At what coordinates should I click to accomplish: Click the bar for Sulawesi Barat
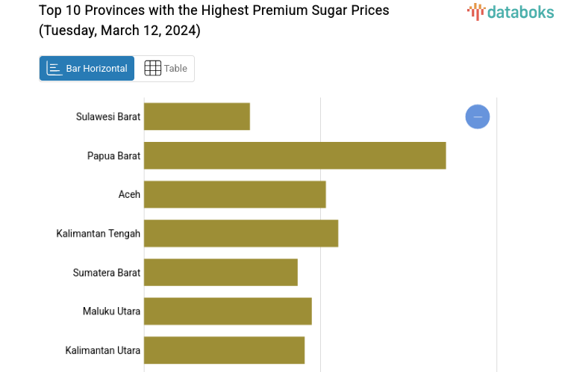pyautogui.click(x=196, y=117)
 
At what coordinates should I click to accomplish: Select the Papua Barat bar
pyautogui.click(x=295, y=155)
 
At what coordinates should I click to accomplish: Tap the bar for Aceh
pyautogui.click(x=234, y=194)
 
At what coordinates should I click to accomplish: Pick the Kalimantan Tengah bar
pyautogui.click(x=241, y=233)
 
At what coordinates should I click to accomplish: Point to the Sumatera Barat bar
pyautogui.click(x=221, y=272)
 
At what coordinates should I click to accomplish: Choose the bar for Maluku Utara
pyautogui.click(x=228, y=311)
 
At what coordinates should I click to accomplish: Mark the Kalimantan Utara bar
pyautogui.click(x=224, y=350)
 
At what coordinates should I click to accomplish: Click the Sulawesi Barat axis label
pyautogui.click(x=108, y=117)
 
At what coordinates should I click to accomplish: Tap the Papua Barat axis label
pyautogui.click(x=113, y=155)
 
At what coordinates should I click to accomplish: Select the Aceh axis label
pyautogui.click(x=129, y=194)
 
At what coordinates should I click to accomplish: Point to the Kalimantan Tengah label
pyautogui.click(x=99, y=234)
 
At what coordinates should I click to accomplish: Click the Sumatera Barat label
pyautogui.click(x=107, y=273)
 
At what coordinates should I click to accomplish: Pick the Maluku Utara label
pyautogui.click(x=111, y=311)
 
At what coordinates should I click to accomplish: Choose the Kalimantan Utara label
pyautogui.click(x=103, y=350)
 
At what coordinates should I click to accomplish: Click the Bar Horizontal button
pyautogui.click(x=87, y=69)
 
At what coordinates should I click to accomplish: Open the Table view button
pyautogui.click(x=165, y=69)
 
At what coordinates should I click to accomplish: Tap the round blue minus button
pyautogui.click(x=478, y=117)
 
